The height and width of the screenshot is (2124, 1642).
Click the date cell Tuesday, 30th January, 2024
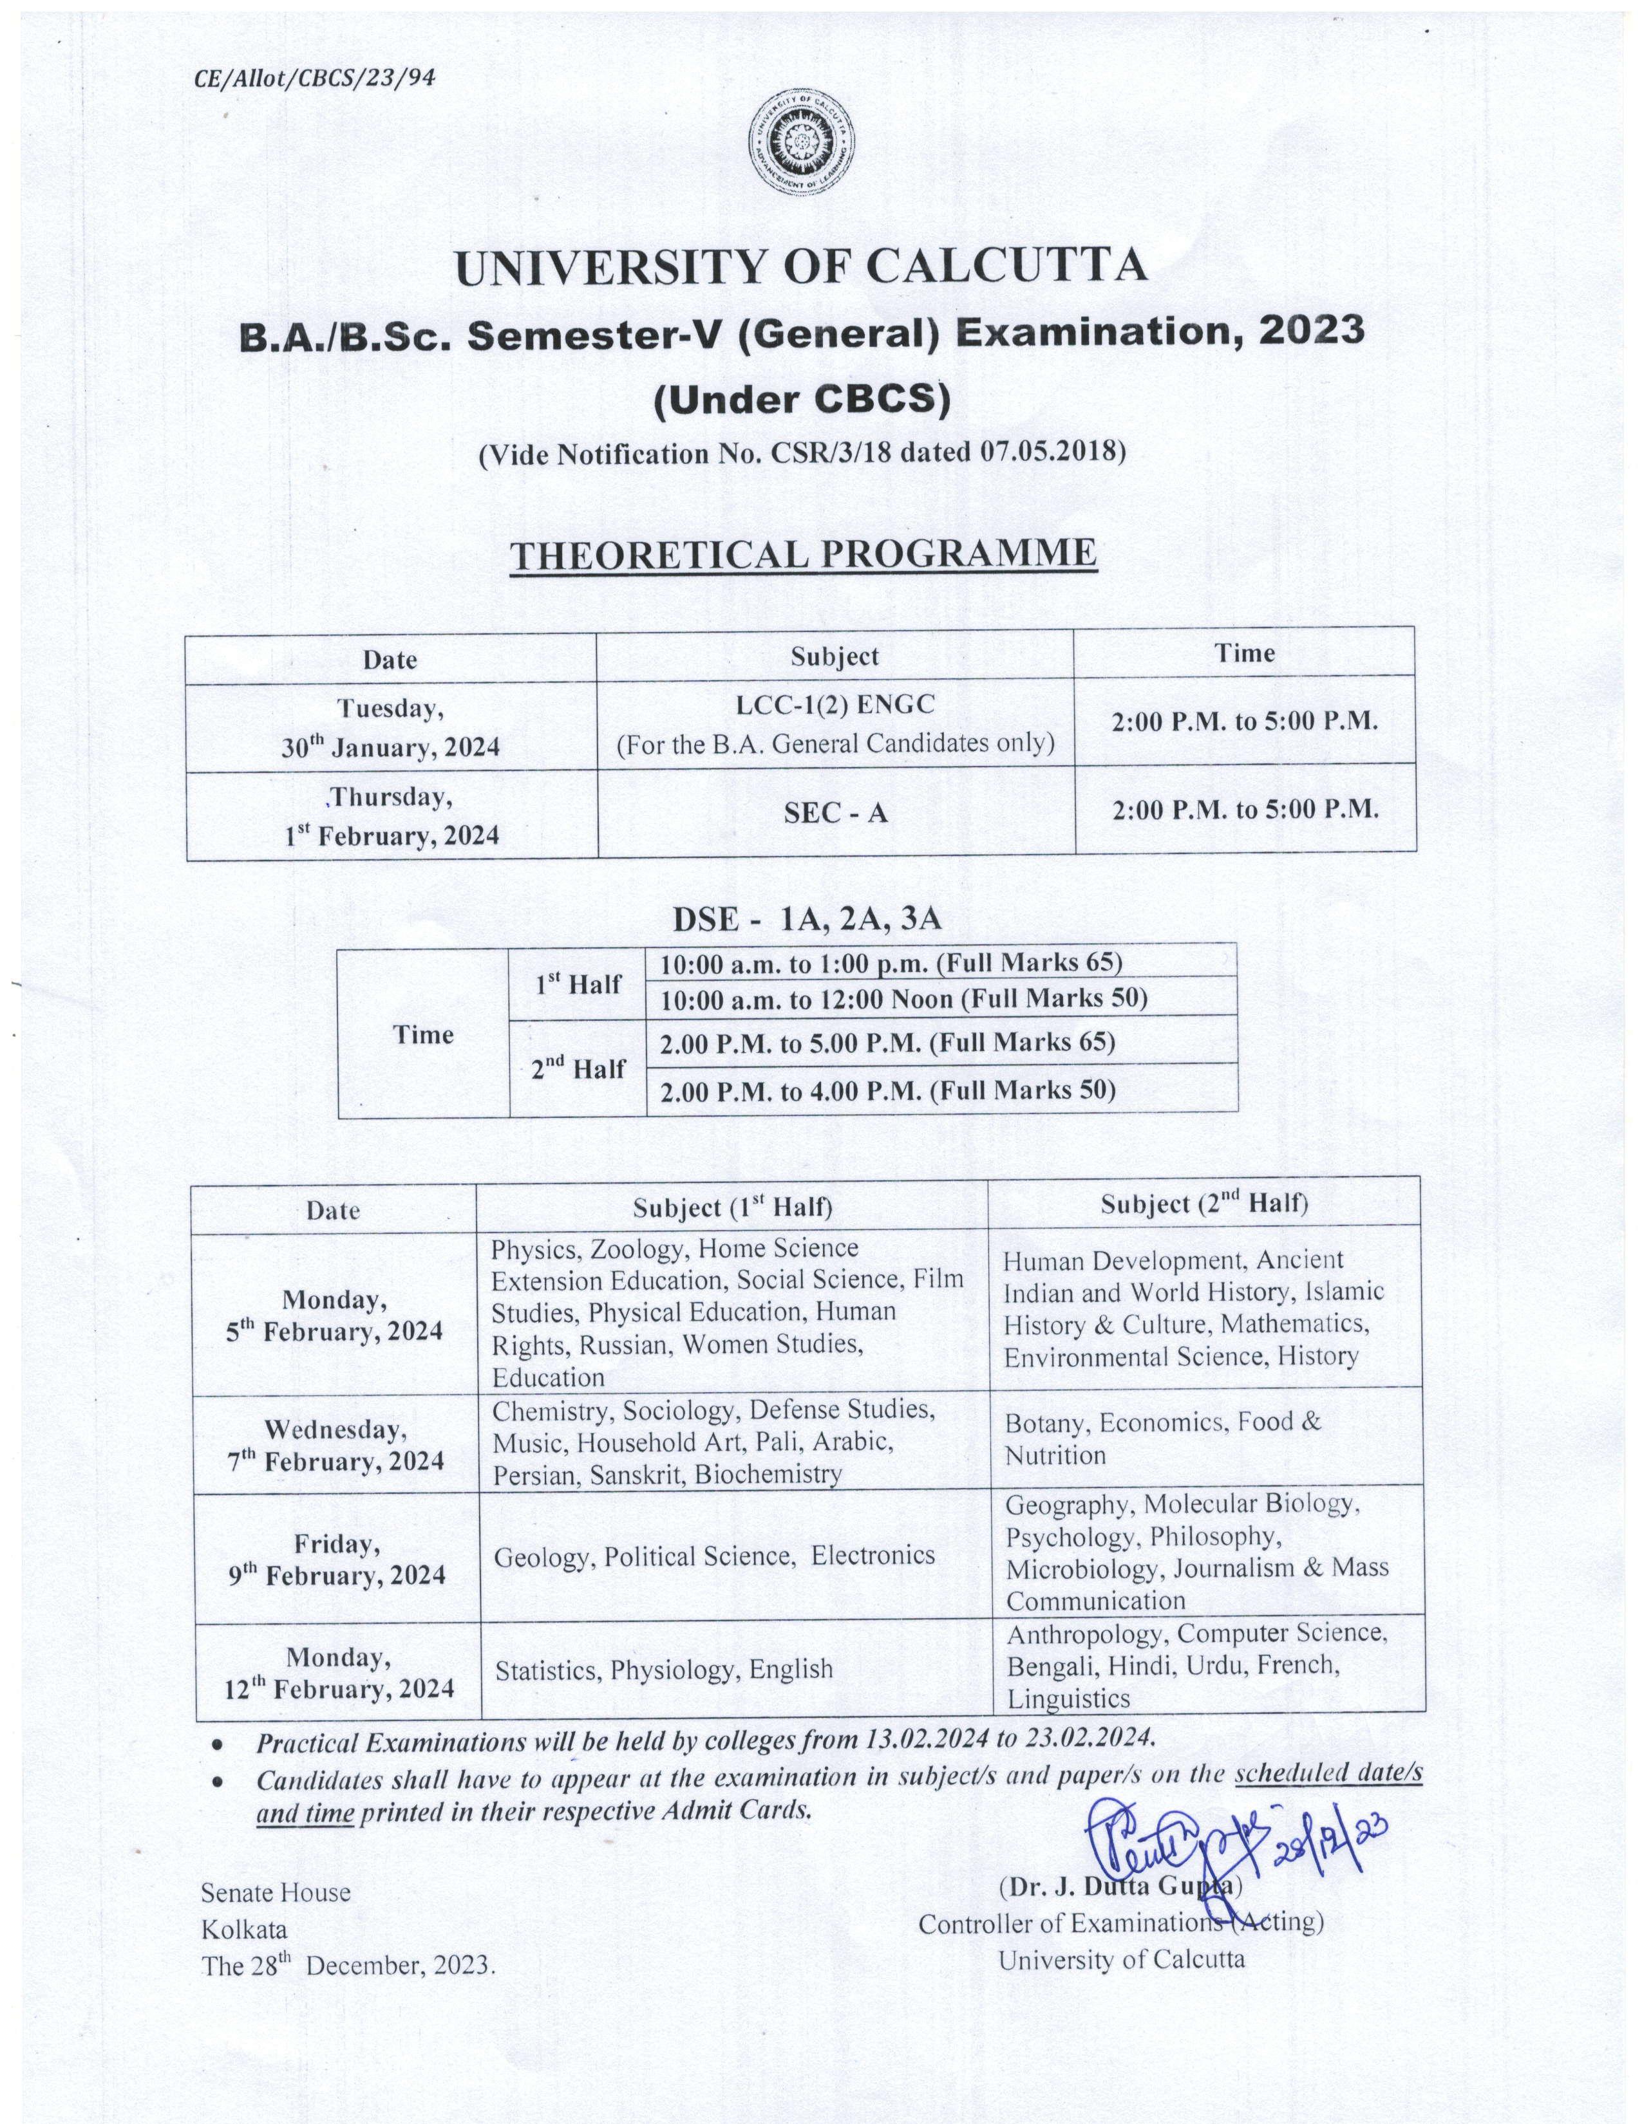pyautogui.click(x=391, y=727)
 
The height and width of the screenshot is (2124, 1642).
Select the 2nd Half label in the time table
pyautogui.click(x=578, y=1069)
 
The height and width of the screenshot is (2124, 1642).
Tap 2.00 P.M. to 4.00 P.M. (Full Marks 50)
pyautogui.click(x=888, y=1091)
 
